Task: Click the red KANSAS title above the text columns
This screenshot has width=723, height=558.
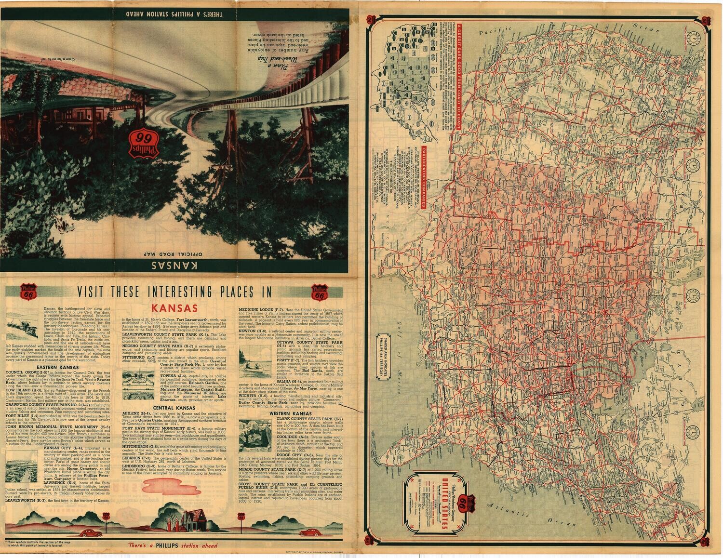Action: coord(174,308)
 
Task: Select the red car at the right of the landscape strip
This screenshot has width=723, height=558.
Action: coord(308,532)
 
